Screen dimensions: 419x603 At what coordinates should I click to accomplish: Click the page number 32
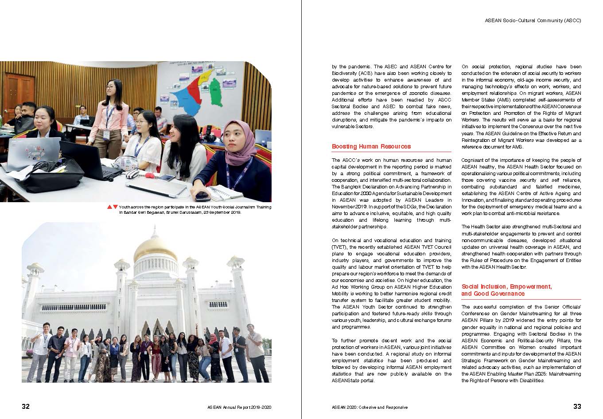(26, 406)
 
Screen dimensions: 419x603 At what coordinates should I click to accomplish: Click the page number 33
(577, 406)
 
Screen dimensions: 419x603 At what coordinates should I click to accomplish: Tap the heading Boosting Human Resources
(371, 146)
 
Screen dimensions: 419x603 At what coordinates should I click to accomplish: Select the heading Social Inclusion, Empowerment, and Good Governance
(506, 290)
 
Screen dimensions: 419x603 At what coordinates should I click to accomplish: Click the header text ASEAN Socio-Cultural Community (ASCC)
(533, 20)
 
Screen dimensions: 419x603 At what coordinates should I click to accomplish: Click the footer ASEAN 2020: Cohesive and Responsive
(370, 407)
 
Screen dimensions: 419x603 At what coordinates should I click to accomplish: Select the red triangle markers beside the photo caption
(112, 207)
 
